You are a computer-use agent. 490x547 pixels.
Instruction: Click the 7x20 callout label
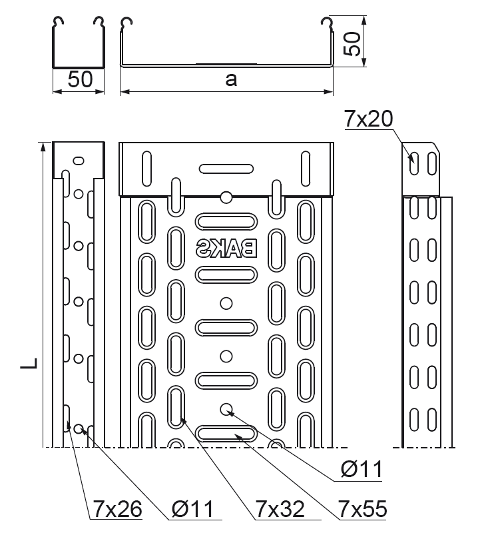coord(369,119)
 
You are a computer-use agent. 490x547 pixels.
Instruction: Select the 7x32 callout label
coord(280,510)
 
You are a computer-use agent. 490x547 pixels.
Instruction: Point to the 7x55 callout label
coord(362,510)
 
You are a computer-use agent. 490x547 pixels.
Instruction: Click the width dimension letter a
coord(231,80)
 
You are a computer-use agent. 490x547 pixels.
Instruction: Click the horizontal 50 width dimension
coord(79,80)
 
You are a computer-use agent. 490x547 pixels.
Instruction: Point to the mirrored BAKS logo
coord(226,249)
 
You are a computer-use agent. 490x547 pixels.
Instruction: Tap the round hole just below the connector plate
coord(226,197)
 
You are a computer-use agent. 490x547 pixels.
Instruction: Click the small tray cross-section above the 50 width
coord(79,43)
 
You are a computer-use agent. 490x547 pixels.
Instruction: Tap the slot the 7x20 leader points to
coord(415,163)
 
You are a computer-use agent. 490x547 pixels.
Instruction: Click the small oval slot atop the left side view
coord(79,161)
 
